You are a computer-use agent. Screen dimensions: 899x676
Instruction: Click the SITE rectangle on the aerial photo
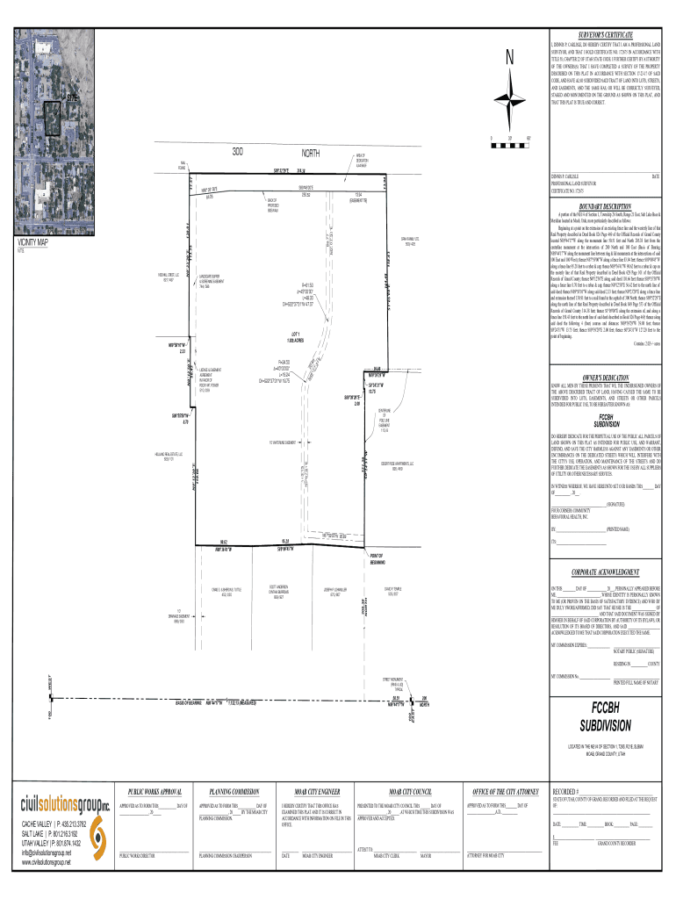tap(52, 118)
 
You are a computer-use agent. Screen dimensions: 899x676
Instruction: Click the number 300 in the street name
tap(237, 152)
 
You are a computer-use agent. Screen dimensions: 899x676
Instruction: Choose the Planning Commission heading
tap(233, 791)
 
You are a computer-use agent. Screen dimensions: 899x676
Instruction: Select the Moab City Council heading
tap(402, 791)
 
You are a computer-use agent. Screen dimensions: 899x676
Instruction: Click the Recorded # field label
tap(566, 791)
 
